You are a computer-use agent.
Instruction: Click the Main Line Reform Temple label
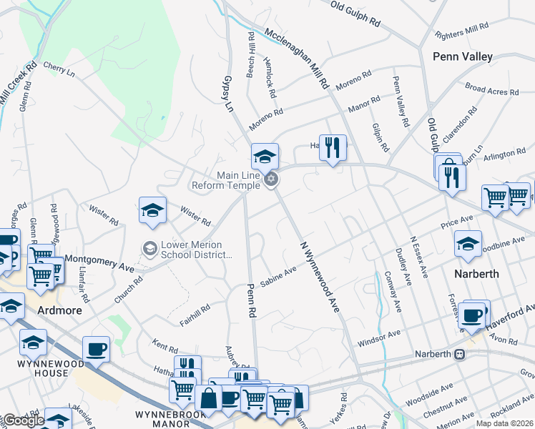[225, 180]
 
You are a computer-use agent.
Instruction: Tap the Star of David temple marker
[270, 179]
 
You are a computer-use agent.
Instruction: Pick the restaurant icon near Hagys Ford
[332, 148]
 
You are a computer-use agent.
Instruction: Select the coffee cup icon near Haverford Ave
[472, 315]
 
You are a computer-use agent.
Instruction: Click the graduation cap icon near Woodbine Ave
[468, 243]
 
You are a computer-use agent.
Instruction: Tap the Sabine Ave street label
[278, 277]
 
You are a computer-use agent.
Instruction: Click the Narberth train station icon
[459, 354]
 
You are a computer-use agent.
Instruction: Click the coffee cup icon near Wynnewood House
[96, 350]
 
